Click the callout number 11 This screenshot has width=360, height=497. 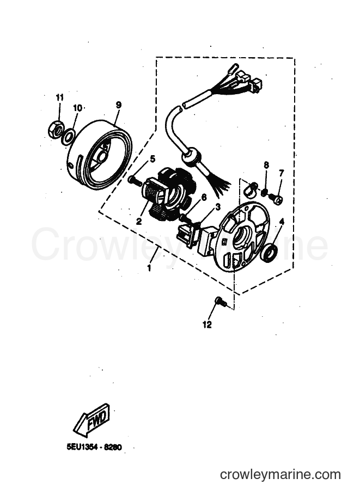59,97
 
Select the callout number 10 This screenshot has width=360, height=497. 78,108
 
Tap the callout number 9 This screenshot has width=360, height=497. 118,105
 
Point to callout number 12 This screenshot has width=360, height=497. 207,325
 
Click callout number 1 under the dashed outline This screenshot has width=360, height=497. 149,268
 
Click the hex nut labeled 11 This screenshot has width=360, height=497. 56,130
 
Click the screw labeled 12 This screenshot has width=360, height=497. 221,301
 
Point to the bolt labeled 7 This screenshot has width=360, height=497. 277,199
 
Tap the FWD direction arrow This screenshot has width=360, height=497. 92,420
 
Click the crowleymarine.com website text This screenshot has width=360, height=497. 280,475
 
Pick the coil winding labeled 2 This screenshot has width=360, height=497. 153,193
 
